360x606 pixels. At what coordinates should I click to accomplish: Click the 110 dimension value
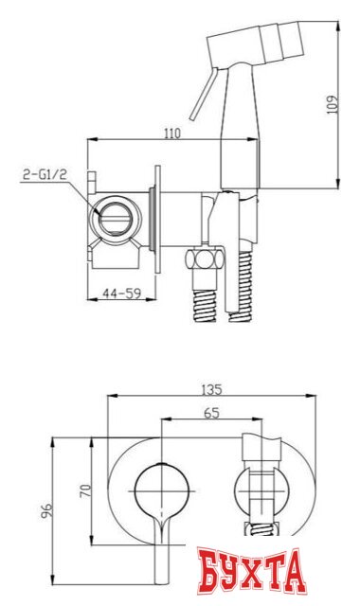(172, 134)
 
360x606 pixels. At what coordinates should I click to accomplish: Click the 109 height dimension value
(333, 104)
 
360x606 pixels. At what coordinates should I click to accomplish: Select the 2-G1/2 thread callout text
(45, 174)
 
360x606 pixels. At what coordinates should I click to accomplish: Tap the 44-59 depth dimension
(121, 294)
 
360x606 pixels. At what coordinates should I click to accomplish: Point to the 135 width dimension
(211, 389)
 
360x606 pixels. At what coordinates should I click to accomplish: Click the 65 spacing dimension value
(211, 413)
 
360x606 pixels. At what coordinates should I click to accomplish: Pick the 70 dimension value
(85, 490)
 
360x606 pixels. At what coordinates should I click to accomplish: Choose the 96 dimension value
(46, 511)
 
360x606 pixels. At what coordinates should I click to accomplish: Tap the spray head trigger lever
(203, 95)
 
